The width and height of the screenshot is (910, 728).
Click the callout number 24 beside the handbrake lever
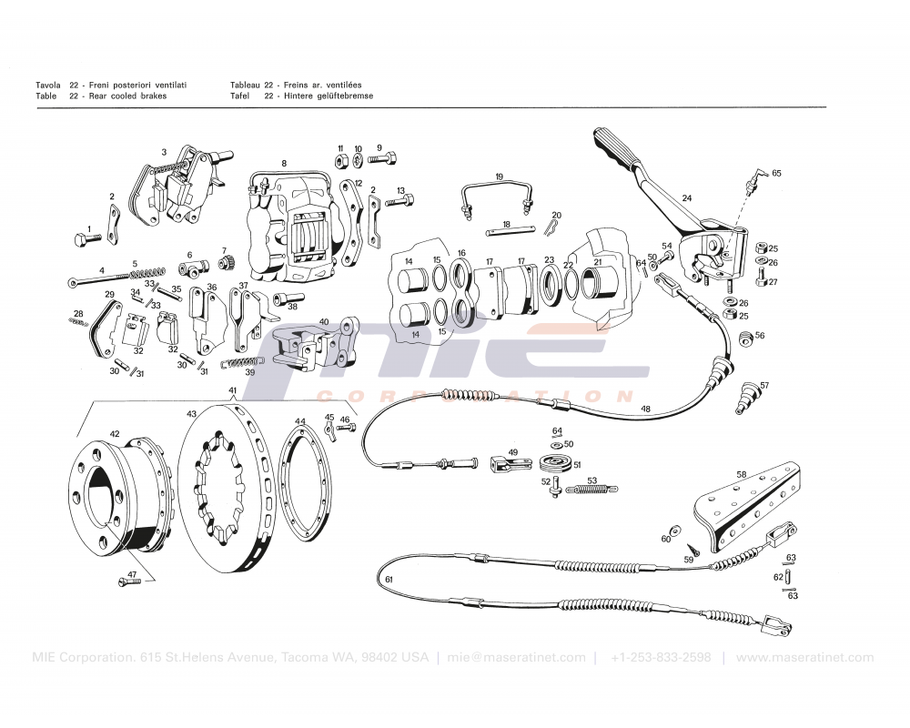point(687,197)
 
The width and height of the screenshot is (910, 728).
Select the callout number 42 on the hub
point(115,434)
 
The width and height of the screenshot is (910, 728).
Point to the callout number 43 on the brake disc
point(192,415)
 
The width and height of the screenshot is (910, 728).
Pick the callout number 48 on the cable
point(645,409)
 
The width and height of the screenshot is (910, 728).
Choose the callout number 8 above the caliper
point(284,164)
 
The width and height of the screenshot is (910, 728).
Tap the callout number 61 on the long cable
point(389,579)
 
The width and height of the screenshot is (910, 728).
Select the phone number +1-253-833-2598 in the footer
point(661,657)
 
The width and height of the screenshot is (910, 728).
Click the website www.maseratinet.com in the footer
point(804,657)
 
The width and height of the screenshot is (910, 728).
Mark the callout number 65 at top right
point(776,172)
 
